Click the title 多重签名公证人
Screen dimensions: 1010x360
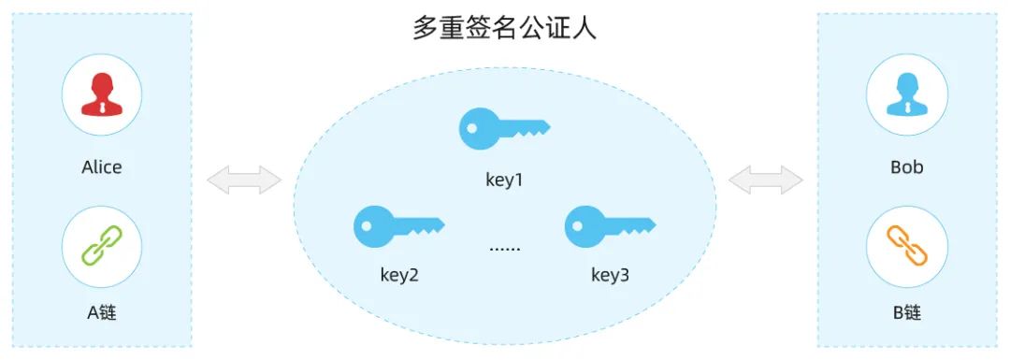click(504, 29)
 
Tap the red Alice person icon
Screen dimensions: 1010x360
click(102, 94)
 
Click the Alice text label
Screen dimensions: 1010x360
click(102, 167)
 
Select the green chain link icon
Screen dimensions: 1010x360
click(102, 246)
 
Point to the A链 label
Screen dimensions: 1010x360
click(102, 313)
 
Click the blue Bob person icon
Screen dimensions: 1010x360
click(906, 94)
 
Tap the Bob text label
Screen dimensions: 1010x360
click(906, 167)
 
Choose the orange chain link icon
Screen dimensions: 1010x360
click(906, 246)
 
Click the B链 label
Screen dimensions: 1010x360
click(906, 313)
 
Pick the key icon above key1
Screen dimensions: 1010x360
click(504, 128)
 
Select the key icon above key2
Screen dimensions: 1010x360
click(398, 226)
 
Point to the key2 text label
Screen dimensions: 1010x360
click(398, 276)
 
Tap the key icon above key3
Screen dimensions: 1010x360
click(610, 226)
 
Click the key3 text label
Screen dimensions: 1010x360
click(610, 276)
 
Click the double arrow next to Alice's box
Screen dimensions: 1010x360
click(244, 180)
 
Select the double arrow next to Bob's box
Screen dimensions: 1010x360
click(765, 180)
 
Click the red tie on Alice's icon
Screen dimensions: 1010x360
click(102, 107)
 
